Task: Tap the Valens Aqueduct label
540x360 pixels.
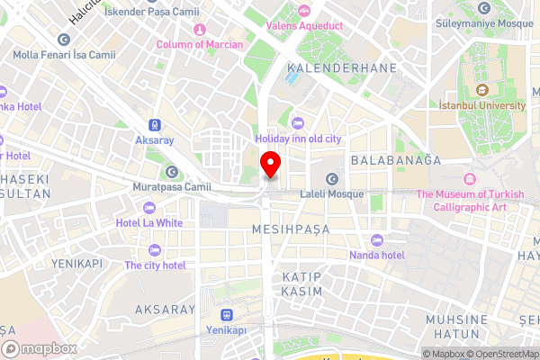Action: click(303, 25)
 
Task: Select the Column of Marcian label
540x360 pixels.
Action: click(199, 44)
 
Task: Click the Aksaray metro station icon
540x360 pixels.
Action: click(156, 124)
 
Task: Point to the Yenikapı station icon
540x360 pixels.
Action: click(226, 315)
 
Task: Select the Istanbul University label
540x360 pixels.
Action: click(481, 105)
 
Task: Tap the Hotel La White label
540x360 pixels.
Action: click(149, 222)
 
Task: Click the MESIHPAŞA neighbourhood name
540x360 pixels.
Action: click(291, 229)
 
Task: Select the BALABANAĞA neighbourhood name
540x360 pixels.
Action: click(395, 160)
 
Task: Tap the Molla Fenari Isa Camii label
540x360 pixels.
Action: click(65, 55)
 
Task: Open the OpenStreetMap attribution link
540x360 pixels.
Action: click(502, 353)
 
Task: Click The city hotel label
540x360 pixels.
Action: click(155, 265)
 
